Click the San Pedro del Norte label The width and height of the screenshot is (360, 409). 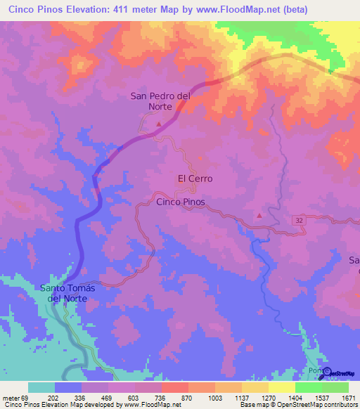tap(160, 103)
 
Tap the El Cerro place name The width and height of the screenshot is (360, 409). tap(195, 178)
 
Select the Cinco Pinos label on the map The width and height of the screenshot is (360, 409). tap(181, 202)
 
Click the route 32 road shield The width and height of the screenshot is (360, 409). tap(300, 220)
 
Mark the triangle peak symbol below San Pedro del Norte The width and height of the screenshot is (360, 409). tap(159, 124)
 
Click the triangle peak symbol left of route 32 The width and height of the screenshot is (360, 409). tap(259, 215)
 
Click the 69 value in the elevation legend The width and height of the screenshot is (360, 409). tap(27, 398)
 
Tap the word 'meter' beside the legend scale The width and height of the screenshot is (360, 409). tap(12, 398)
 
